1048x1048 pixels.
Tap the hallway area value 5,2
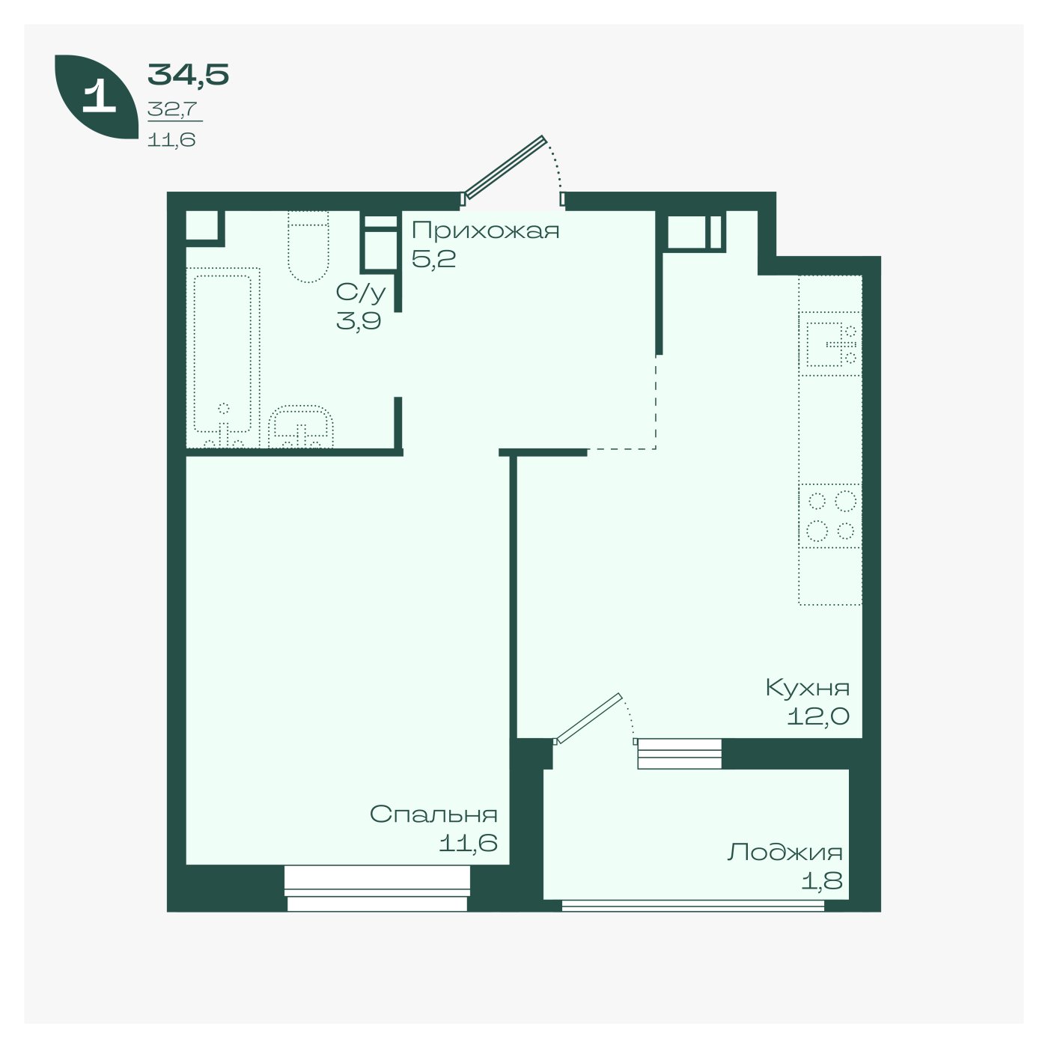click(433, 260)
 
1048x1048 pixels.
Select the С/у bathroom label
click(361, 293)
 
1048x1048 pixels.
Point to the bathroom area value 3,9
click(359, 321)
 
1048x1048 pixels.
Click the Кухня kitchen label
click(807, 688)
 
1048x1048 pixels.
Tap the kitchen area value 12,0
click(818, 716)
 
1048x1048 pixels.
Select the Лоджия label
click(785, 852)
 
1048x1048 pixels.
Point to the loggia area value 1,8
click(822, 880)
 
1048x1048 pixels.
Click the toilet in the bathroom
click(308, 246)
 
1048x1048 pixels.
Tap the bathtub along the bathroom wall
click(223, 357)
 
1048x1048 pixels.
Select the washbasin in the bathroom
click(301, 427)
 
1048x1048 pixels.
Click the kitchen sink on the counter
click(830, 344)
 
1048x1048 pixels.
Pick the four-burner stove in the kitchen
click(830, 516)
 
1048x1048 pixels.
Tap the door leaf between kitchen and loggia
click(588, 718)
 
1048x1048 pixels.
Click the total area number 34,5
click(188, 75)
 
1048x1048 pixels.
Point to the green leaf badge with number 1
click(97, 97)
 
